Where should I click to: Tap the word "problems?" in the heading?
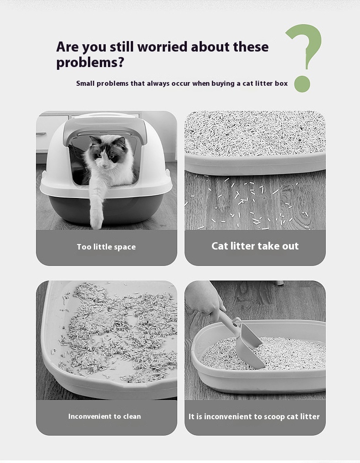pos(90,62)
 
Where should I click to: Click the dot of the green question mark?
pos(302,84)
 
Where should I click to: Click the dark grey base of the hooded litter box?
pos(106,208)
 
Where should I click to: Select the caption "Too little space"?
pos(106,247)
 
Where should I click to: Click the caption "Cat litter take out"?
pos(255,246)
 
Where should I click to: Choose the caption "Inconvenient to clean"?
pos(104,416)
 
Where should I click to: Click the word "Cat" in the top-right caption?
pos(220,246)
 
